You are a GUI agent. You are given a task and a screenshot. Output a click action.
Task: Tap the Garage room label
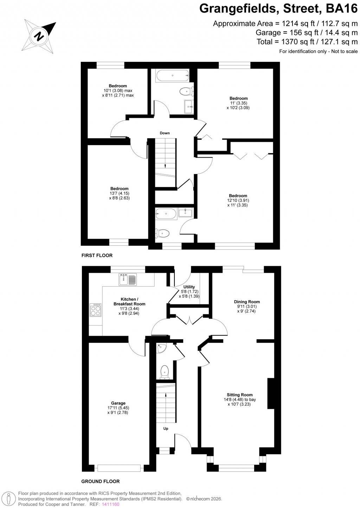click(x=118, y=403)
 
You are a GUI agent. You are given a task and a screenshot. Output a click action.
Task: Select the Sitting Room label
click(x=239, y=395)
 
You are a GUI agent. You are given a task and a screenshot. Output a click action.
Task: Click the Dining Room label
click(x=247, y=302)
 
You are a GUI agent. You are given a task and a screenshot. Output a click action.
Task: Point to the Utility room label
click(x=189, y=287)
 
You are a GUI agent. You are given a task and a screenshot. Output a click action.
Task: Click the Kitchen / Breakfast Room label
click(x=129, y=302)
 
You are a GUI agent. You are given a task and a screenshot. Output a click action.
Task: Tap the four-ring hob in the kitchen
click(x=95, y=310)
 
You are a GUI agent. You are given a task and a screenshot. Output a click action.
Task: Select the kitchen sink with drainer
click(x=128, y=279)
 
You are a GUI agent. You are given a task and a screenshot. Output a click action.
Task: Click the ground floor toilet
click(x=164, y=372)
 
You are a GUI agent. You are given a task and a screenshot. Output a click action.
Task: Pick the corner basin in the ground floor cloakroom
click(x=161, y=349)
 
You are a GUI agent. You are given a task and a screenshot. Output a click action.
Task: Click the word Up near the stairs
click(x=166, y=429)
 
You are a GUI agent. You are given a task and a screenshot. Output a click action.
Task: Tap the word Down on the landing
click(x=165, y=133)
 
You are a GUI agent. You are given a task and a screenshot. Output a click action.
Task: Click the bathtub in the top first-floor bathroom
click(x=172, y=75)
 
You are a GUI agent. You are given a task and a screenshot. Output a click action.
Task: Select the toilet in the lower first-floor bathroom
click(x=163, y=233)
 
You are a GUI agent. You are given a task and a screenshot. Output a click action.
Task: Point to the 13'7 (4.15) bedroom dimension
click(x=119, y=193)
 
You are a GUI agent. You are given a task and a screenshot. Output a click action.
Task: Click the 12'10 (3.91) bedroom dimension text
click(x=238, y=200)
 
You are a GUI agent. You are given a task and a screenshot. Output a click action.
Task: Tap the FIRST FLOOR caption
click(x=97, y=255)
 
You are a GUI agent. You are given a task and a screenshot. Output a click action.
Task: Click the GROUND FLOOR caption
click(x=101, y=481)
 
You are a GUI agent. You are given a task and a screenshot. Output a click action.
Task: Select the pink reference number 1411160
click(x=111, y=504)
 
